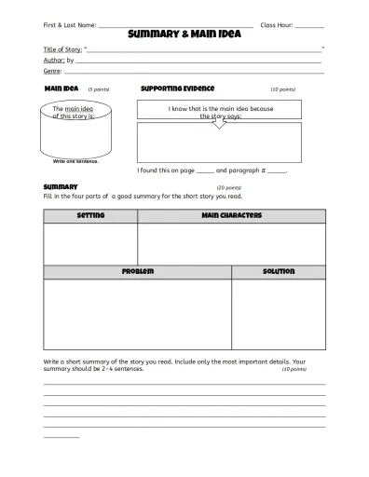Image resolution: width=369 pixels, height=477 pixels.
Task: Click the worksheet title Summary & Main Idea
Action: (x=184, y=34)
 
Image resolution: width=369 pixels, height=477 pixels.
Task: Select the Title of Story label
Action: (x=62, y=48)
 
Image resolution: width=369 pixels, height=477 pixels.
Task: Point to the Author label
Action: (x=54, y=59)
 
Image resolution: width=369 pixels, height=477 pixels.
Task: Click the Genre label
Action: (x=52, y=70)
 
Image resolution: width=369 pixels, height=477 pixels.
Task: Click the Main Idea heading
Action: (x=61, y=89)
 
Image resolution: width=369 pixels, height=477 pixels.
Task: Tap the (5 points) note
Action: (x=99, y=89)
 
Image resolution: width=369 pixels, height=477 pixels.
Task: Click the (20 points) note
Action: (x=228, y=187)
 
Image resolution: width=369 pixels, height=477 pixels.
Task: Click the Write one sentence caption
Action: (x=75, y=161)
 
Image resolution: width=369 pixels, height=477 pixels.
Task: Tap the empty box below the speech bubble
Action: (x=220, y=143)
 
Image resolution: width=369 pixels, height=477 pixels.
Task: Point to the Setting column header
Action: (x=90, y=216)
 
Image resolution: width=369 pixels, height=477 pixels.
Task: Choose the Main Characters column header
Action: (x=231, y=216)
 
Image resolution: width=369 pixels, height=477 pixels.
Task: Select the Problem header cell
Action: (x=137, y=272)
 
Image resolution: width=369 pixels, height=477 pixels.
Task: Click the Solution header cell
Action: (x=279, y=272)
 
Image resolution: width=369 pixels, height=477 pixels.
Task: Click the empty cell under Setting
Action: (x=90, y=244)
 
